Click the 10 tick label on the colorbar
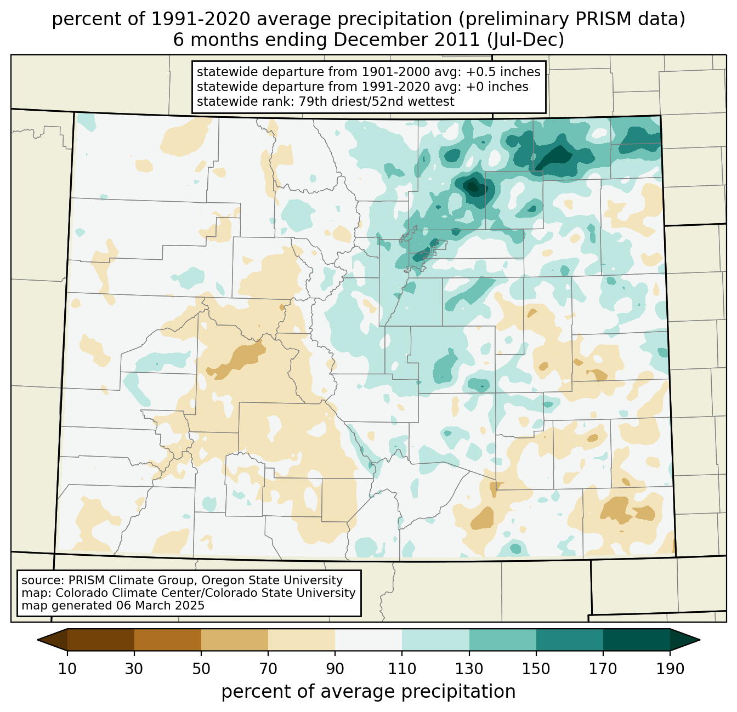point(67,669)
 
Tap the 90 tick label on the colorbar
point(335,669)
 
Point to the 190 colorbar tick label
point(670,669)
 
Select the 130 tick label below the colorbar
point(469,669)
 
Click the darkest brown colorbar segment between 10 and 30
point(101,640)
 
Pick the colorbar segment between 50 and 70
point(235,640)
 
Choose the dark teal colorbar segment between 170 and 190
point(636,640)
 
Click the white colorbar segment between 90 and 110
point(368,640)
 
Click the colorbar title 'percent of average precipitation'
point(368,692)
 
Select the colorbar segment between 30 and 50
point(168,640)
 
